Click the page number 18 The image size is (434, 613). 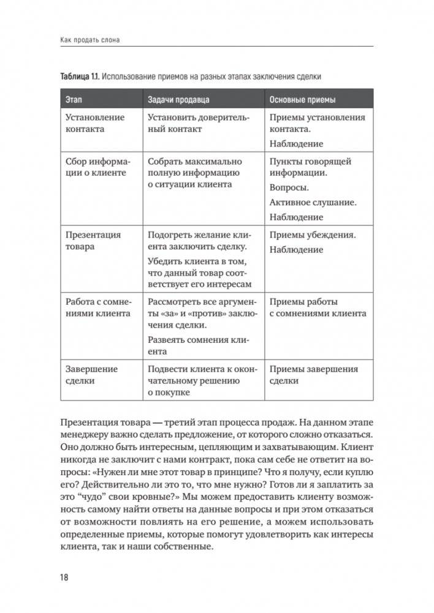tap(64, 578)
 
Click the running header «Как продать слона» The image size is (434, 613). tap(89, 40)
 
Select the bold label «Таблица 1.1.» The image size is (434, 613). tap(79, 77)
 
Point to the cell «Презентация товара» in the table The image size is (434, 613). tap(93, 241)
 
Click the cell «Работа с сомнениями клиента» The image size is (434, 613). tap(97, 307)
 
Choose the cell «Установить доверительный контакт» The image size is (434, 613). tap(196, 123)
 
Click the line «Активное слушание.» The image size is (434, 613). tap(313, 202)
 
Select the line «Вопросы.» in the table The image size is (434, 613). tap(289, 187)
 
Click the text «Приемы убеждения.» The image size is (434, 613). tap(313, 235)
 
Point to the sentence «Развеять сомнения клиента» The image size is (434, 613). tap(196, 345)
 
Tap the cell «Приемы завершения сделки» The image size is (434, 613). tap(314, 375)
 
